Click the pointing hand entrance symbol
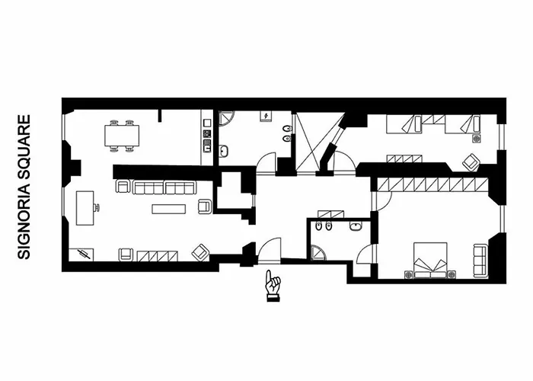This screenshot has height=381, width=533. (273, 286)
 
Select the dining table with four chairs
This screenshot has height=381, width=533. (122, 136)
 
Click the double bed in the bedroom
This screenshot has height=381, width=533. (430, 261)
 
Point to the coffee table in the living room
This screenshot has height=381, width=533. (168, 209)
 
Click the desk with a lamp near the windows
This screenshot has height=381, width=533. (86, 208)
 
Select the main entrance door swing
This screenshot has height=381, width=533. (270, 250)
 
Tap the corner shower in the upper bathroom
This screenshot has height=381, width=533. (225, 117)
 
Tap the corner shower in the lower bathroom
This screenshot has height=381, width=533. (318, 253)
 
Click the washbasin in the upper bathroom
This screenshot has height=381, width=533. (223, 151)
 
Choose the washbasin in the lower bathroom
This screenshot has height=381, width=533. (356, 226)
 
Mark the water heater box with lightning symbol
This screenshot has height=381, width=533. (266, 116)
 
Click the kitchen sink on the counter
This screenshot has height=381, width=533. (206, 146)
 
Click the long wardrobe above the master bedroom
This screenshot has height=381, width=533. (432, 184)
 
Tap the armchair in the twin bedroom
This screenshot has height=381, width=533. (471, 162)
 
